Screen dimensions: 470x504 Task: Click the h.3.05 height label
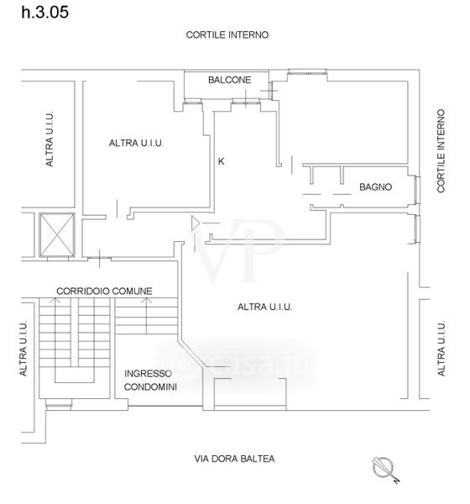click(45, 13)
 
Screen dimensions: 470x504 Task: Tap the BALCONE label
click(229, 80)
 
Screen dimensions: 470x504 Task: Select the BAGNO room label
click(375, 186)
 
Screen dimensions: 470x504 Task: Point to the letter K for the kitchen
click(221, 161)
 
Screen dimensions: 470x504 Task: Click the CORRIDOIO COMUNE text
click(104, 291)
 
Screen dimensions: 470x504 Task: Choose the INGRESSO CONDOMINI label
click(150, 381)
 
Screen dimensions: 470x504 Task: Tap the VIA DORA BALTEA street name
click(234, 459)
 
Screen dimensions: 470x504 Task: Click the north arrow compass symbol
click(385, 470)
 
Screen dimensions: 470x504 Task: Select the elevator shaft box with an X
click(57, 234)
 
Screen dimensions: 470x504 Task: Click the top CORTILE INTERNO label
click(227, 34)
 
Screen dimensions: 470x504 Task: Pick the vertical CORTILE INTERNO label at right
click(441, 151)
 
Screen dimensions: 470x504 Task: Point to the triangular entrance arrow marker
click(196, 223)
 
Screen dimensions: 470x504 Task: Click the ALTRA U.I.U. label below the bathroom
click(264, 307)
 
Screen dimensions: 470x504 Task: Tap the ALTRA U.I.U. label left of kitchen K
click(136, 143)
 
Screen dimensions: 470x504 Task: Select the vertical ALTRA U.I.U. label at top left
click(50, 139)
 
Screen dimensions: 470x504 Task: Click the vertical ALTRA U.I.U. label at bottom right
click(441, 349)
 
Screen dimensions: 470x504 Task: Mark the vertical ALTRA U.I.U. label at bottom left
click(23, 349)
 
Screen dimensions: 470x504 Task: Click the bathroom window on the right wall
click(416, 190)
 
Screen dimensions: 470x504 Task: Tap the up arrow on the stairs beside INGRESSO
click(146, 316)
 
